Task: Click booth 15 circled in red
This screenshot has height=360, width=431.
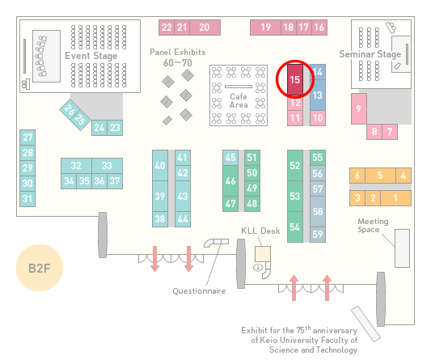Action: (x=295, y=79)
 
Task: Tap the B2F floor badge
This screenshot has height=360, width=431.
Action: (x=40, y=268)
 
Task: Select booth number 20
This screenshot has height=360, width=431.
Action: (x=205, y=28)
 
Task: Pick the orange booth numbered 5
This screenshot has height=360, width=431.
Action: (x=380, y=176)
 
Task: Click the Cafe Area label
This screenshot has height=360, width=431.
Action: (x=239, y=100)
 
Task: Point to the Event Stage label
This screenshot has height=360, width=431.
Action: (x=91, y=56)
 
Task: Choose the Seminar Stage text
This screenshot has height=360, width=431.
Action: (x=370, y=54)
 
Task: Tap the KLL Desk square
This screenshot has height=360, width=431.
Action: (x=263, y=254)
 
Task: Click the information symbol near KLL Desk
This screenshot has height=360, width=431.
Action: (x=258, y=267)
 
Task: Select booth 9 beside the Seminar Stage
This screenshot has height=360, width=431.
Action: (x=359, y=108)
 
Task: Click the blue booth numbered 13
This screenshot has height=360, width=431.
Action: (x=318, y=95)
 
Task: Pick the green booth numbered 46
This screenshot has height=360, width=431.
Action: (x=230, y=180)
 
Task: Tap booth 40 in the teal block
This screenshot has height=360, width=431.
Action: (x=160, y=165)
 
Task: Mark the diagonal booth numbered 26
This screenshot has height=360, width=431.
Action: (x=70, y=110)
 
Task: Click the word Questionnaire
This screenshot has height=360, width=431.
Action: (x=199, y=291)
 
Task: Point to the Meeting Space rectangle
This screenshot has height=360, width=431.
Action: (x=402, y=248)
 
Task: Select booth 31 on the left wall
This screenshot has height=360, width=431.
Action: (x=27, y=198)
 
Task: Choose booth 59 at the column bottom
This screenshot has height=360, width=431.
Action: (x=318, y=235)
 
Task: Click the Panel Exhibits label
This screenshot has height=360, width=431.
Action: (x=178, y=52)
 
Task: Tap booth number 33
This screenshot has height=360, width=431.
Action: (x=108, y=166)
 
